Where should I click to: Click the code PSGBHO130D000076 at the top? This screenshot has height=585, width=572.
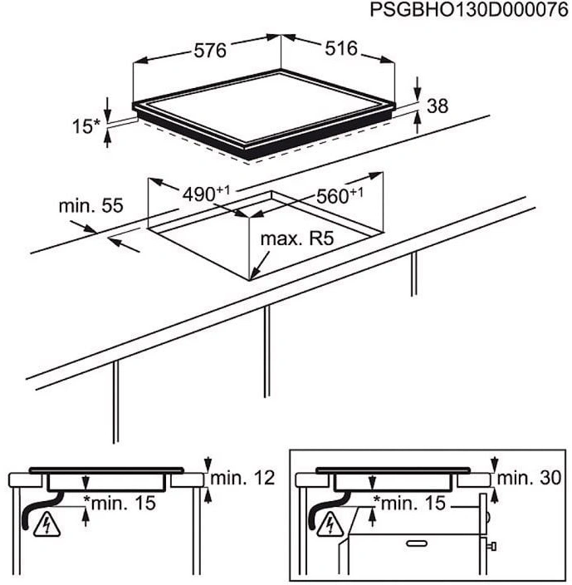pos(469,10)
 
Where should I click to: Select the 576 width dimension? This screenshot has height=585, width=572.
pos(210,51)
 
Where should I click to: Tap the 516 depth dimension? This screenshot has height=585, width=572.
pos(341,48)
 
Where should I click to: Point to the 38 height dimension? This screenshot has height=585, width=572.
pos(438,106)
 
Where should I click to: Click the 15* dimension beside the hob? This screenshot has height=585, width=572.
pos(86,126)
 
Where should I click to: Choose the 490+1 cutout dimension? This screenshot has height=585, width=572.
pos(207,194)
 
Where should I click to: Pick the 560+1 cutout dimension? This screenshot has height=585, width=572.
pos(340,195)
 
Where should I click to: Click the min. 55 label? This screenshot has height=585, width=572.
pos(91,205)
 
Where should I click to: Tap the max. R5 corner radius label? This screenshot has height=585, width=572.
pos(297,238)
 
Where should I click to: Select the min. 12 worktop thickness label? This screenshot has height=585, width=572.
pos(242,478)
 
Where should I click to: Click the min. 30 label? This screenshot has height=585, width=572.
pos(529,478)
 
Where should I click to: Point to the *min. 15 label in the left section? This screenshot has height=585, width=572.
pos(120,503)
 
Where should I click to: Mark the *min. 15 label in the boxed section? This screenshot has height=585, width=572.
pos(409,503)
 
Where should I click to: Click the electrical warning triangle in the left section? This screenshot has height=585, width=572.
pos(46,525)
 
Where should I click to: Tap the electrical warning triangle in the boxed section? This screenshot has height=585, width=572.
pos(330,524)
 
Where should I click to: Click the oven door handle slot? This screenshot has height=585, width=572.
pos(417,543)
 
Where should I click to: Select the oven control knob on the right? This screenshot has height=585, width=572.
pos(491,547)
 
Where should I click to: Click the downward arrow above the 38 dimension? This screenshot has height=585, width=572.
pos(418,89)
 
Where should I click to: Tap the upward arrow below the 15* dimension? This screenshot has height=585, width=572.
pos(108,138)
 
